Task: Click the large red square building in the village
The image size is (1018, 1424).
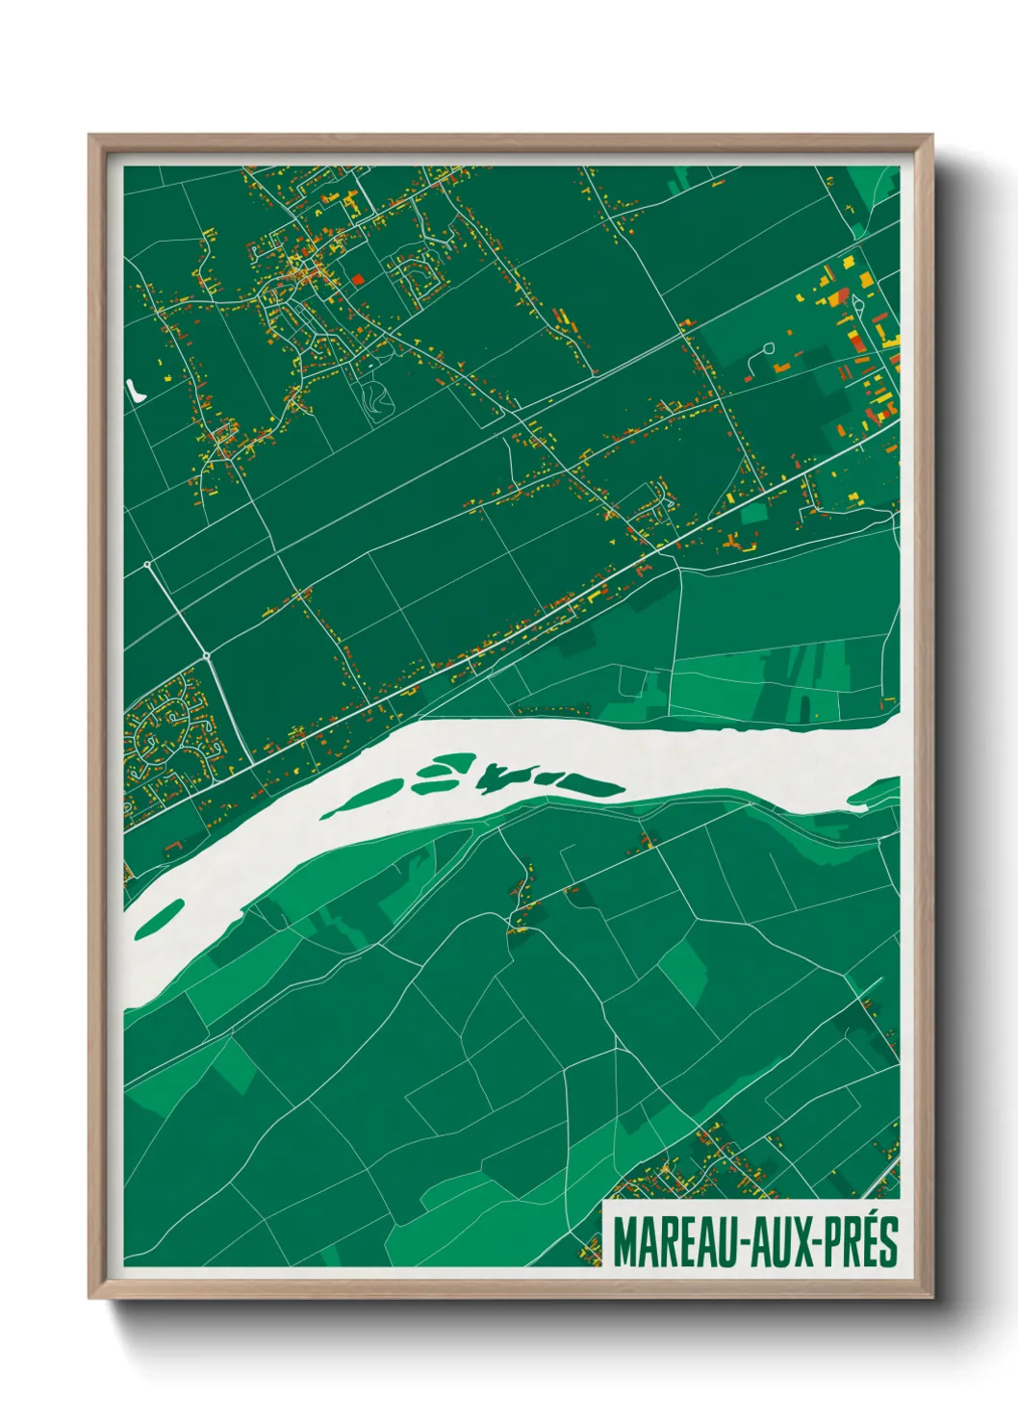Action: coord(358,279)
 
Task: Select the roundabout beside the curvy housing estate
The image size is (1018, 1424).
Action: coord(207,656)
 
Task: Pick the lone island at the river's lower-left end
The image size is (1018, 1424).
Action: coord(160,919)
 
